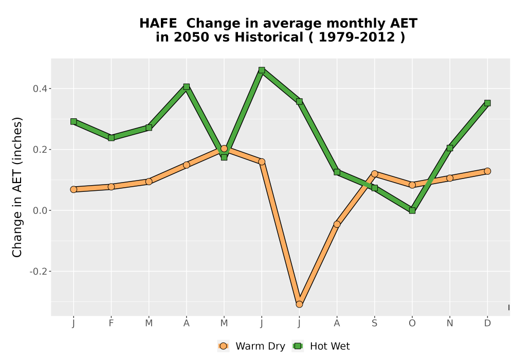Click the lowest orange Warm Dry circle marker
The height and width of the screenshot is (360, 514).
coord(299,304)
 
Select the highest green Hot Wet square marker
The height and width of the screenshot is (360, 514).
coord(262,70)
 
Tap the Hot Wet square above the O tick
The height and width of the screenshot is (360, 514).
coord(412,210)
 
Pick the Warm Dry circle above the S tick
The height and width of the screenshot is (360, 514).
coord(375,174)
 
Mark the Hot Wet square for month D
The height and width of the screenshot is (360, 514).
coord(487,103)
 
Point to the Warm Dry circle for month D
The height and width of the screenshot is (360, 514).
coord(487,171)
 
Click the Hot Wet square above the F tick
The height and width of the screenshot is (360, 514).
coord(111,138)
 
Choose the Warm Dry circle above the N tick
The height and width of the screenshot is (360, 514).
coord(450,178)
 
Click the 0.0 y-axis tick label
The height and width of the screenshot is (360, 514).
coord(40,210)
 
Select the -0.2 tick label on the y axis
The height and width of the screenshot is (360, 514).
coord(39,272)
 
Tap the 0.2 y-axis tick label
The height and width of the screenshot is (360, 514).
coord(40,150)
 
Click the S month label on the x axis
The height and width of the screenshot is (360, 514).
coord(375,323)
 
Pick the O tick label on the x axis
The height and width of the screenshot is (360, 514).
coord(412,323)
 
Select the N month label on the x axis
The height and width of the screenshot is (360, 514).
coord(450,323)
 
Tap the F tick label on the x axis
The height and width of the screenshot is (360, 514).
coord(111,323)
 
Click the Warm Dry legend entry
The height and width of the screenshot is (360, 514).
coord(251,346)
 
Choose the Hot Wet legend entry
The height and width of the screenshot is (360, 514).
coord(321,346)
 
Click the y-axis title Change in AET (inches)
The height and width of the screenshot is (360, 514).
coord(17,187)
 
